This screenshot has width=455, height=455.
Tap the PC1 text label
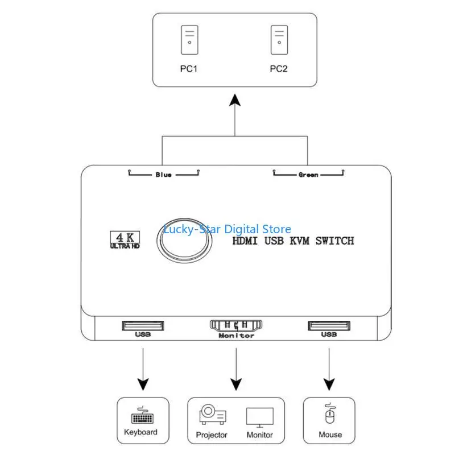point(189,69)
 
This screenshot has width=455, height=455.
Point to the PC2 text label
point(279,69)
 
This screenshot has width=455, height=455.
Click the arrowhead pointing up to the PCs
point(235,102)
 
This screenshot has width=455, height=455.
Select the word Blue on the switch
point(163,175)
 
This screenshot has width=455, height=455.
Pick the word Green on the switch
point(308,175)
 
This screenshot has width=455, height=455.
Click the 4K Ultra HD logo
point(123,240)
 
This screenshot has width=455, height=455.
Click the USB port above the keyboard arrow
point(142,326)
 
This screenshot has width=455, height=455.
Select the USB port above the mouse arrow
point(329,326)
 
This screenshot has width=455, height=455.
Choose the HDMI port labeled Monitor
point(236,326)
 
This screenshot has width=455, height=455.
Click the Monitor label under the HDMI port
point(236,336)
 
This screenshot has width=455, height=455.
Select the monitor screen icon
point(259,417)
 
